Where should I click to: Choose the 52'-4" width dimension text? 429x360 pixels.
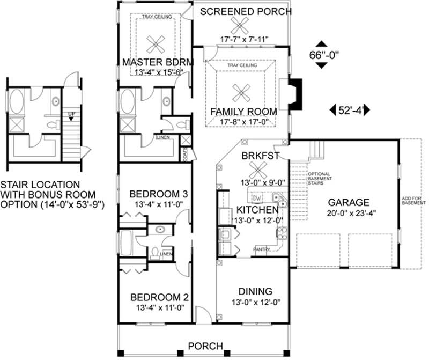(351, 110)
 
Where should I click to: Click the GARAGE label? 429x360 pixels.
(349, 203)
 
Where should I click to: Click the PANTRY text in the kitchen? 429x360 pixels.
(262, 249)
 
